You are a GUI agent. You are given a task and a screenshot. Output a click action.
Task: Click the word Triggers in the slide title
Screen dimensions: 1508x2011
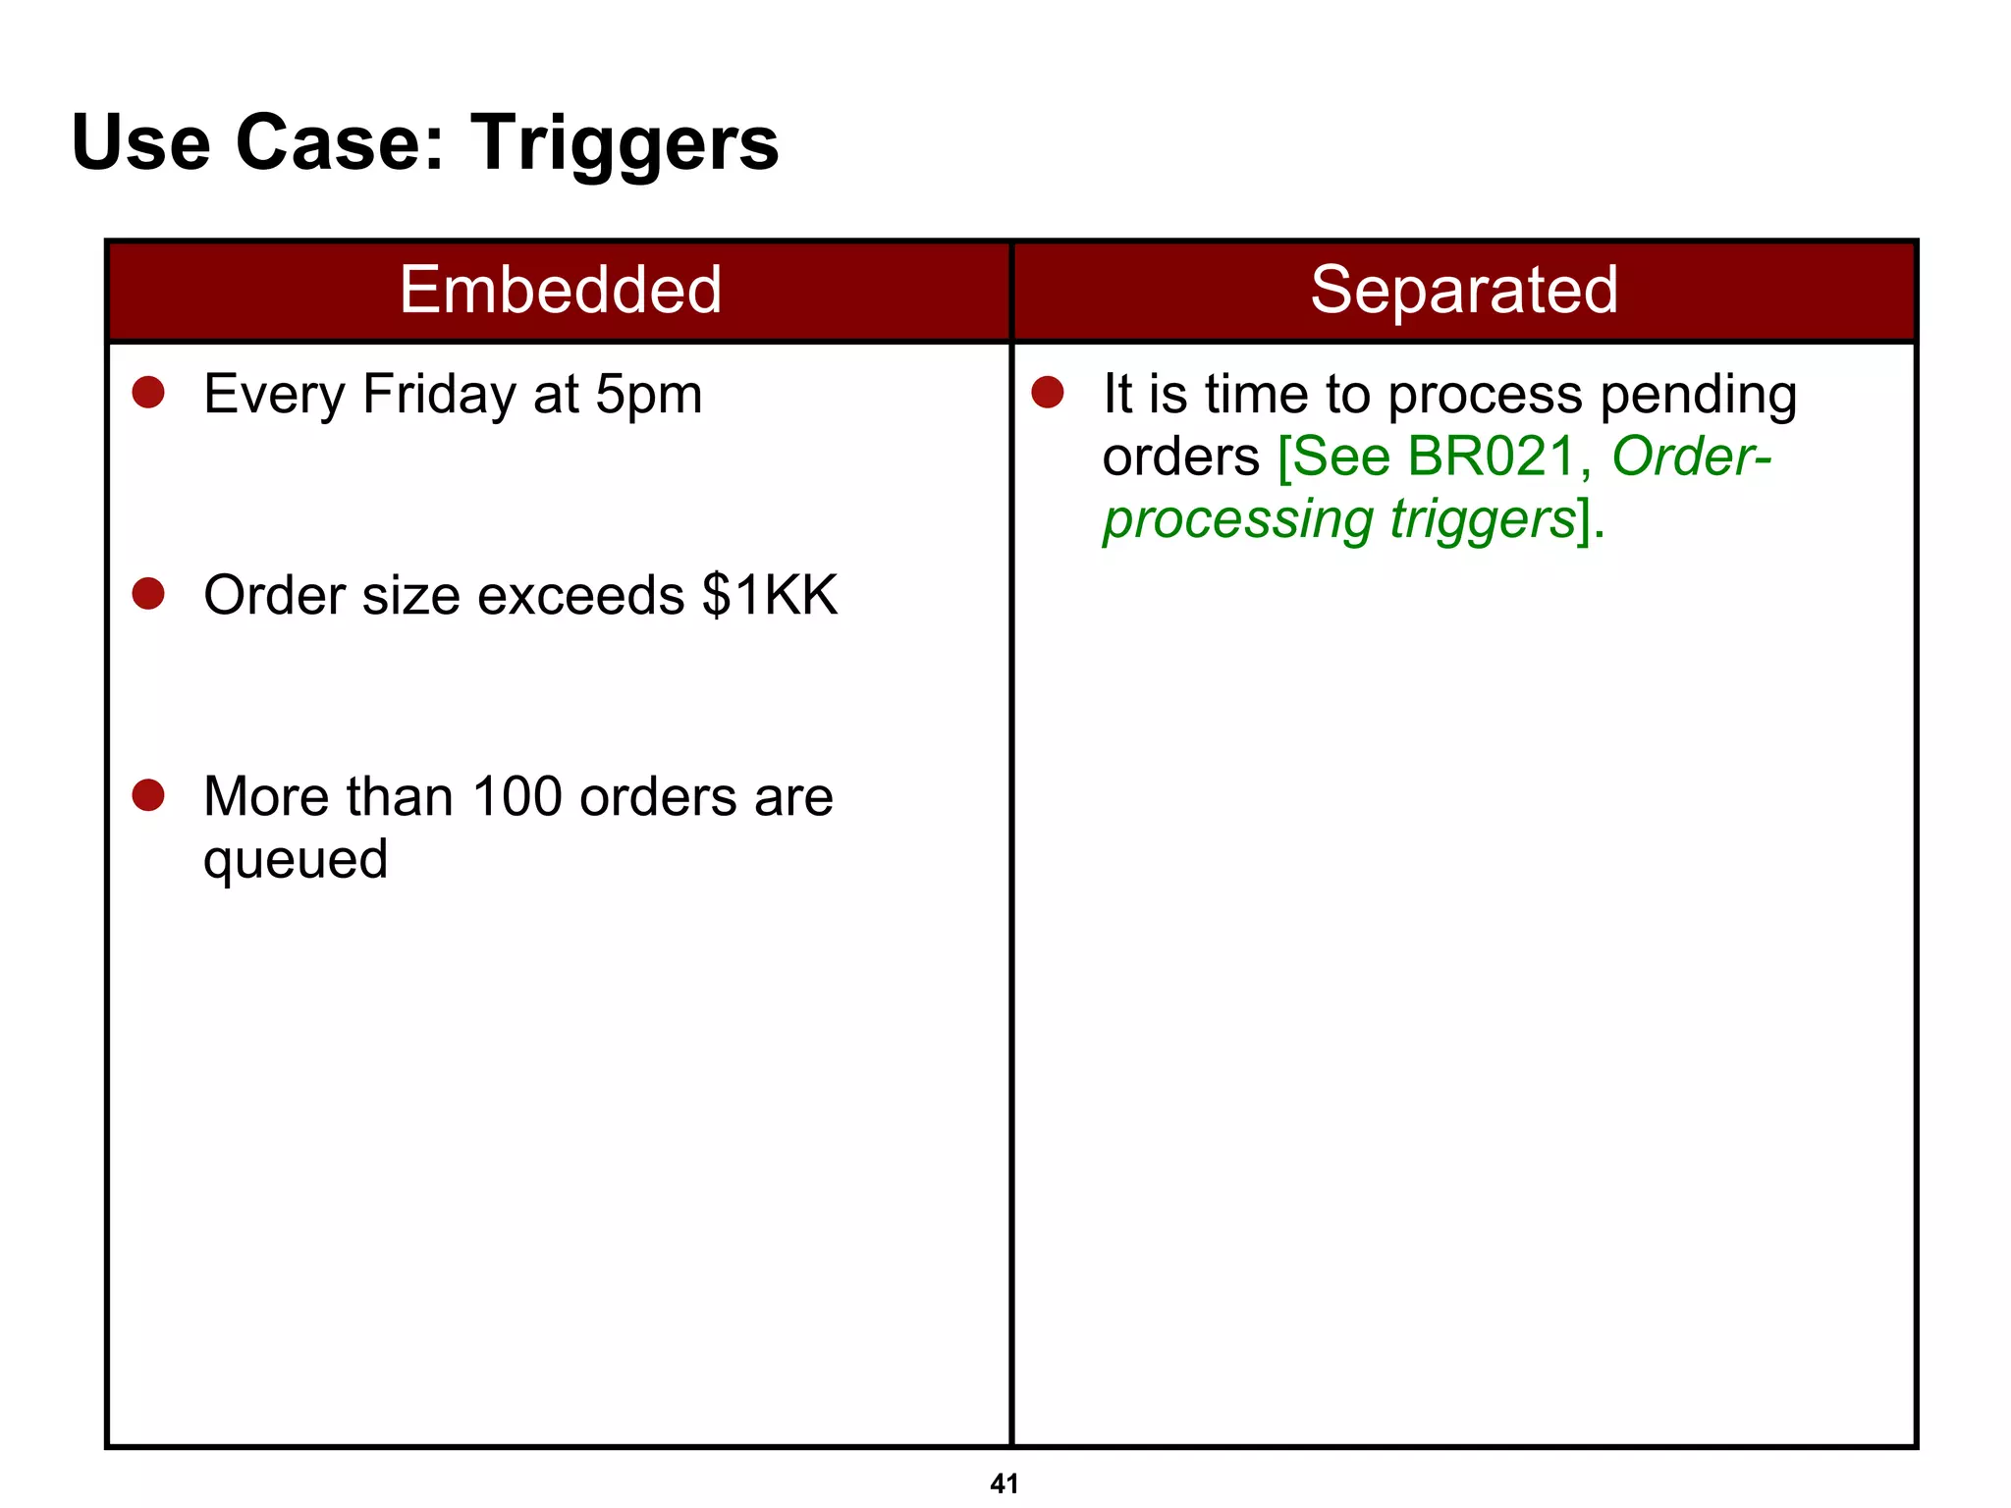pyautogui.click(x=625, y=144)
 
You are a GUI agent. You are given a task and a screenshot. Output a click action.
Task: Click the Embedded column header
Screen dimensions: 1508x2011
pyautogui.click(x=560, y=290)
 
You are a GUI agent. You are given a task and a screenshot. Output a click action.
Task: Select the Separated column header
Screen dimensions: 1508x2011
pyautogui.click(x=1463, y=290)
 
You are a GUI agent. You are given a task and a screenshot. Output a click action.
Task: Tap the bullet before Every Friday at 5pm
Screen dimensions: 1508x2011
pyautogui.click(x=148, y=393)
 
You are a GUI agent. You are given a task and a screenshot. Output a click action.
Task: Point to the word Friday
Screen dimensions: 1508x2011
pyautogui.click(x=438, y=396)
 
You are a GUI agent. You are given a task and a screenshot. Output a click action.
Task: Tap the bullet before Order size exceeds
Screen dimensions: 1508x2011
pyautogui.click(x=148, y=594)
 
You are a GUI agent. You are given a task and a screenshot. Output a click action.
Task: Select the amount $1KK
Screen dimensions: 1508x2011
pyautogui.click(x=770, y=595)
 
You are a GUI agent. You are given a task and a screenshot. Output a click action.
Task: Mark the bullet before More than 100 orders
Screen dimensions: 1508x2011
pyautogui.click(x=148, y=795)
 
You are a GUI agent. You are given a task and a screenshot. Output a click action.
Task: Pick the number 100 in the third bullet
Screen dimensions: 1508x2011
pyautogui.click(x=517, y=796)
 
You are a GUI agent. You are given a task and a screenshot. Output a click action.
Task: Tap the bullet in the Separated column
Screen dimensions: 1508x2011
pyautogui.click(x=1048, y=393)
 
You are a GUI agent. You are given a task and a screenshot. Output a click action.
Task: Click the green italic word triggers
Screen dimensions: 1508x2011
pyautogui.click(x=1483, y=519)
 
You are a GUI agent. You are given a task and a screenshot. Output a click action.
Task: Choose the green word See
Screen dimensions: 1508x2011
pyautogui.click(x=1342, y=457)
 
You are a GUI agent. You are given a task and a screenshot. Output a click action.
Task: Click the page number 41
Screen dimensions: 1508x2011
pyautogui.click(x=1004, y=1483)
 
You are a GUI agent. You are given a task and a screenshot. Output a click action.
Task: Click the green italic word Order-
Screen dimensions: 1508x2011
pyautogui.click(x=1691, y=457)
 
